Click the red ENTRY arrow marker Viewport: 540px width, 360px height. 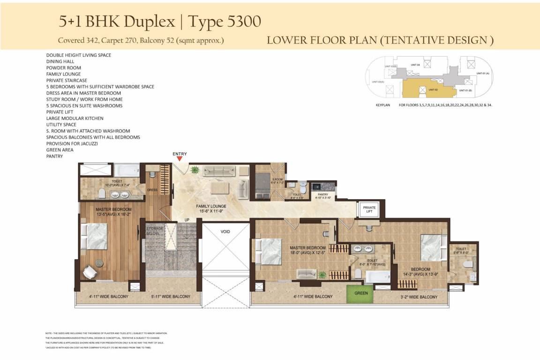[180, 159]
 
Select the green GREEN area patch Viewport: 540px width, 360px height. [360, 293]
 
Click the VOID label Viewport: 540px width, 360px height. [225, 232]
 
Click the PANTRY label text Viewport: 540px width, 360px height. [323, 194]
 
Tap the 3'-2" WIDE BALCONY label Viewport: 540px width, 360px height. [419, 297]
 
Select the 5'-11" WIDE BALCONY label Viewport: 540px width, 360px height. [171, 297]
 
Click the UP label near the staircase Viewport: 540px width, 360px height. [187, 219]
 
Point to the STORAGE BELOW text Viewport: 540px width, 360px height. [155, 231]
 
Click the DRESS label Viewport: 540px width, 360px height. [152, 190]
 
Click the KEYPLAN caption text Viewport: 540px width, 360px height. [383, 105]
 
